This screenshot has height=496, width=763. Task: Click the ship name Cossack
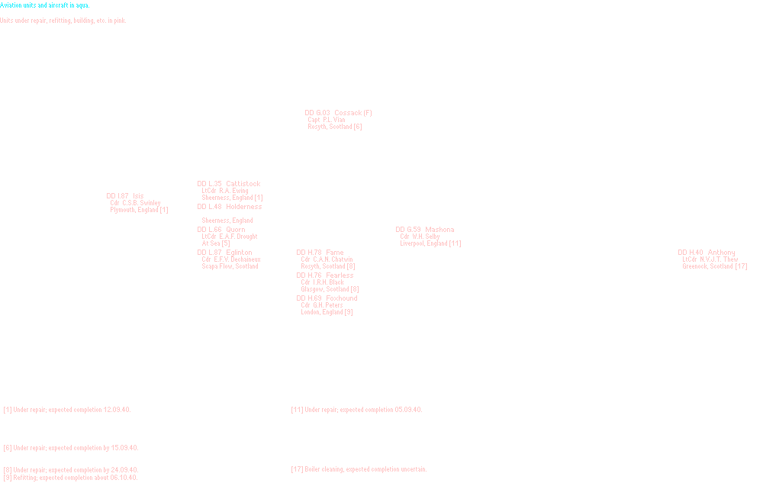(347, 113)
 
